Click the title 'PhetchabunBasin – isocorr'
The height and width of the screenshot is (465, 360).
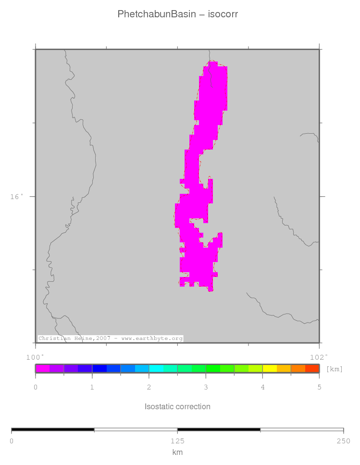click(177, 14)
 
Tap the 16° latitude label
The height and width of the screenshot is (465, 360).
click(16, 197)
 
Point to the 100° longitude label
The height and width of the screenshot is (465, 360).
click(35, 357)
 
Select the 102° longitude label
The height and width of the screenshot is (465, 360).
click(319, 357)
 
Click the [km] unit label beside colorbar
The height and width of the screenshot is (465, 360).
click(335, 369)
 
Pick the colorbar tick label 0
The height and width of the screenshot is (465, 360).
click(36, 387)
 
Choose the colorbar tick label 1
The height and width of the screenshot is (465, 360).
click(92, 387)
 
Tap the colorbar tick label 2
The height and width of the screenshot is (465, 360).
click(149, 387)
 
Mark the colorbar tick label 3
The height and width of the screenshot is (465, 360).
click(206, 387)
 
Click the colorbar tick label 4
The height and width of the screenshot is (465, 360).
click(262, 387)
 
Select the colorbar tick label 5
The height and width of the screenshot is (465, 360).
click(319, 387)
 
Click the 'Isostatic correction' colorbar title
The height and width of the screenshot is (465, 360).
click(177, 406)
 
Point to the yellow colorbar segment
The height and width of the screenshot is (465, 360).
click(270, 369)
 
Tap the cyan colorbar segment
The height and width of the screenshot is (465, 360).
click(156, 369)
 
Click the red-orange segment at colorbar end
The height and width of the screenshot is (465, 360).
click(312, 369)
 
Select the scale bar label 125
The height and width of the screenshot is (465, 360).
click(177, 441)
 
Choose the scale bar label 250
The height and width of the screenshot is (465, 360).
click(343, 441)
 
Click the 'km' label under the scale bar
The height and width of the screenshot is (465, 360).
click(177, 452)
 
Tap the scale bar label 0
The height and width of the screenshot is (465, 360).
click(12, 441)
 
